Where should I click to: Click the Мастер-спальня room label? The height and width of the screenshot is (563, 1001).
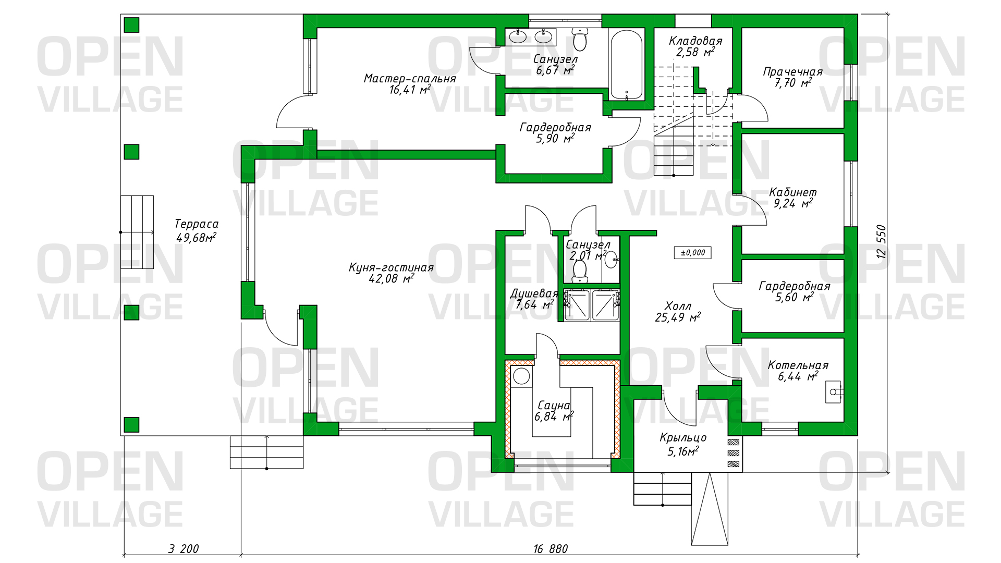(x=410, y=79)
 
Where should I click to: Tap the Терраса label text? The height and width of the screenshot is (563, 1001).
(x=196, y=224)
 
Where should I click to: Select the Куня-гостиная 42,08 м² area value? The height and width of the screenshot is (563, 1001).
(x=391, y=279)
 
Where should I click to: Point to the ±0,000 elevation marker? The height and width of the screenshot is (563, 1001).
(x=693, y=253)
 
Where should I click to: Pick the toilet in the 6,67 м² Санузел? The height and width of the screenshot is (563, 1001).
(x=580, y=39)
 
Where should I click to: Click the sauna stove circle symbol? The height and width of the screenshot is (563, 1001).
(x=521, y=375)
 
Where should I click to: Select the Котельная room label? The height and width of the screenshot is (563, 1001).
(x=798, y=365)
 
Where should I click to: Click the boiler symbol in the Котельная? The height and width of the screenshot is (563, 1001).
(x=834, y=391)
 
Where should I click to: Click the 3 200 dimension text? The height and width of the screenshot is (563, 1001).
(x=184, y=549)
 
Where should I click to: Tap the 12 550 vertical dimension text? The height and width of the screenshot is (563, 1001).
(x=881, y=241)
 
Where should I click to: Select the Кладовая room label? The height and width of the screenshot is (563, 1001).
(x=695, y=41)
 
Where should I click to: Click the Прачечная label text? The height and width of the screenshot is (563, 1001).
(x=792, y=72)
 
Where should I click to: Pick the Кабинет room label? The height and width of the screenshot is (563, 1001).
(x=792, y=192)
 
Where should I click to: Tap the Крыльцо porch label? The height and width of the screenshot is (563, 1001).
(x=683, y=438)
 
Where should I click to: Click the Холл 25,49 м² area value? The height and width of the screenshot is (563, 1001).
(x=678, y=317)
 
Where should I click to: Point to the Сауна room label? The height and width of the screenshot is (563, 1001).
(x=554, y=406)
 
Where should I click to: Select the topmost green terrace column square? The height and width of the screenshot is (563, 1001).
(x=131, y=25)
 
